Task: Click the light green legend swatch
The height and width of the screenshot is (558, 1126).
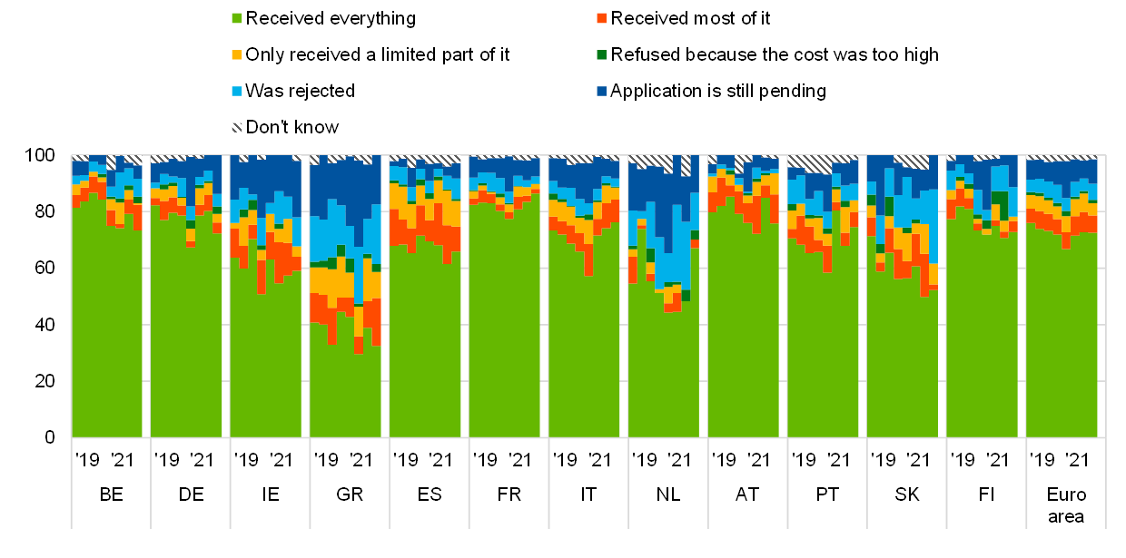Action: pos(237,18)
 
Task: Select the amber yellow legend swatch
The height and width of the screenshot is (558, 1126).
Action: pos(237,54)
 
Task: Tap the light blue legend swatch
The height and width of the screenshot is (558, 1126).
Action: pos(237,92)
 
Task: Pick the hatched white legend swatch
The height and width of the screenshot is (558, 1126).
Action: pos(237,128)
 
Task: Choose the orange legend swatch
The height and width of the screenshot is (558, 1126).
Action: pos(601,18)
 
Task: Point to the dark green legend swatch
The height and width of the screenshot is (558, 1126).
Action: pos(601,54)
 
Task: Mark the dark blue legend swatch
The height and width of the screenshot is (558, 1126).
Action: pos(601,92)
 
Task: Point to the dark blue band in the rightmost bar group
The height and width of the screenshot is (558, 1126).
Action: pos(1062,170)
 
